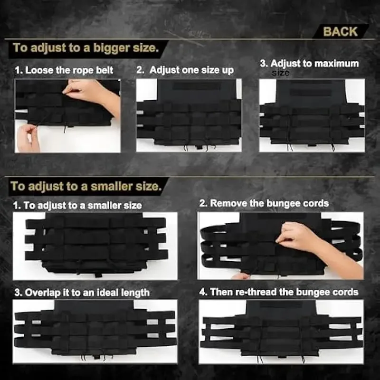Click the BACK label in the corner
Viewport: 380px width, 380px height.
pos(340,31)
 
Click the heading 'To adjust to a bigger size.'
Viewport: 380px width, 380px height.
pos(86,48)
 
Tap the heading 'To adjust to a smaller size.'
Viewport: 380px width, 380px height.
pos(86,186)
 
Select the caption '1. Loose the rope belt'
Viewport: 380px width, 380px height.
pos(64,70)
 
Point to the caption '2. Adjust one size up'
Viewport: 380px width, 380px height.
pos(185,70)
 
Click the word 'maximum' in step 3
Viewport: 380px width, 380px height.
pos(337,64)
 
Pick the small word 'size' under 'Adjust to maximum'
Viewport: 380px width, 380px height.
pos(280,73)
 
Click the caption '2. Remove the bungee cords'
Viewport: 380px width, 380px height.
pos(264,203)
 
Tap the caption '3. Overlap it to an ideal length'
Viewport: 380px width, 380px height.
pos(82,293)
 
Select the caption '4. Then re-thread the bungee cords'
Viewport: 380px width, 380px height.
pos(279,292)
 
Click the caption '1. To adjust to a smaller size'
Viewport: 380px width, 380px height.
pos(77,206)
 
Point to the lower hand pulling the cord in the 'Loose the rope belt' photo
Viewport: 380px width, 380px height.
pos(28,138)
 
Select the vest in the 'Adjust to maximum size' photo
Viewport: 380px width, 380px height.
pos(312,114)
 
